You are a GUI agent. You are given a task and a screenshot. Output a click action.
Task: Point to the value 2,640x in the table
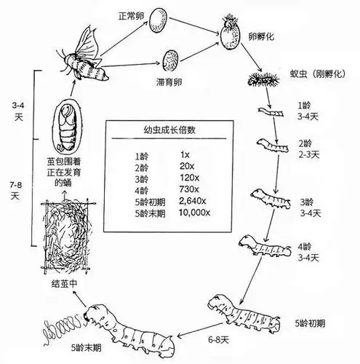tap(193, 202)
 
